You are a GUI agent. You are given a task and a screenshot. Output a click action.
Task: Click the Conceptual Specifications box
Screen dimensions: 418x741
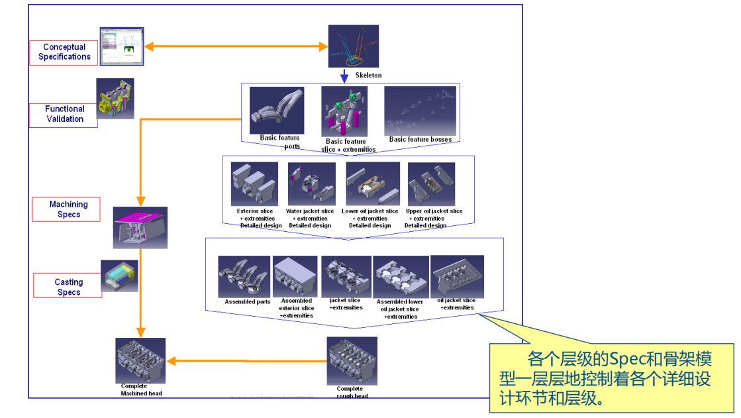tap(64, 52)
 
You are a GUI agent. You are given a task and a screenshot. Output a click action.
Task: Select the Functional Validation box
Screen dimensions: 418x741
tap(64, 114)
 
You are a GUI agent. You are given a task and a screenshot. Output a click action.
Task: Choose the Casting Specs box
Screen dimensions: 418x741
tap(68, 287)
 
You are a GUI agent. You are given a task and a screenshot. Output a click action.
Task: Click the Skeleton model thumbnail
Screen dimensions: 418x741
tap(354, 46)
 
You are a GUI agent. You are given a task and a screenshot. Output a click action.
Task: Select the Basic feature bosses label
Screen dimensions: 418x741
tap(420, 140)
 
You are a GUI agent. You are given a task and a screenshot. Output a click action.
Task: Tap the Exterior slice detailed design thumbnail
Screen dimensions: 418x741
tap(254, 184)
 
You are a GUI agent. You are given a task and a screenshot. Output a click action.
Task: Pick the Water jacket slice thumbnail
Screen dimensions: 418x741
tap(312, 184)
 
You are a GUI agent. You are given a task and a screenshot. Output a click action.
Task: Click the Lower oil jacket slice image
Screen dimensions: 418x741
tap(373, 184)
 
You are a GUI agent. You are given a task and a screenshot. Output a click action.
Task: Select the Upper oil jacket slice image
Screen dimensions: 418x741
tap(431, 184)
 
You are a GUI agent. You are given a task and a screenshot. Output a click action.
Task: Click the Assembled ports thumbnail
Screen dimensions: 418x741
tap(244, 276)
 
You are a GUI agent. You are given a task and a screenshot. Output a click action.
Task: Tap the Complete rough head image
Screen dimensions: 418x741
tap(352, 361)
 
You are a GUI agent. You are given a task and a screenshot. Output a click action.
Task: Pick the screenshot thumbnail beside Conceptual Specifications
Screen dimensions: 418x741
tap(122, 46)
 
